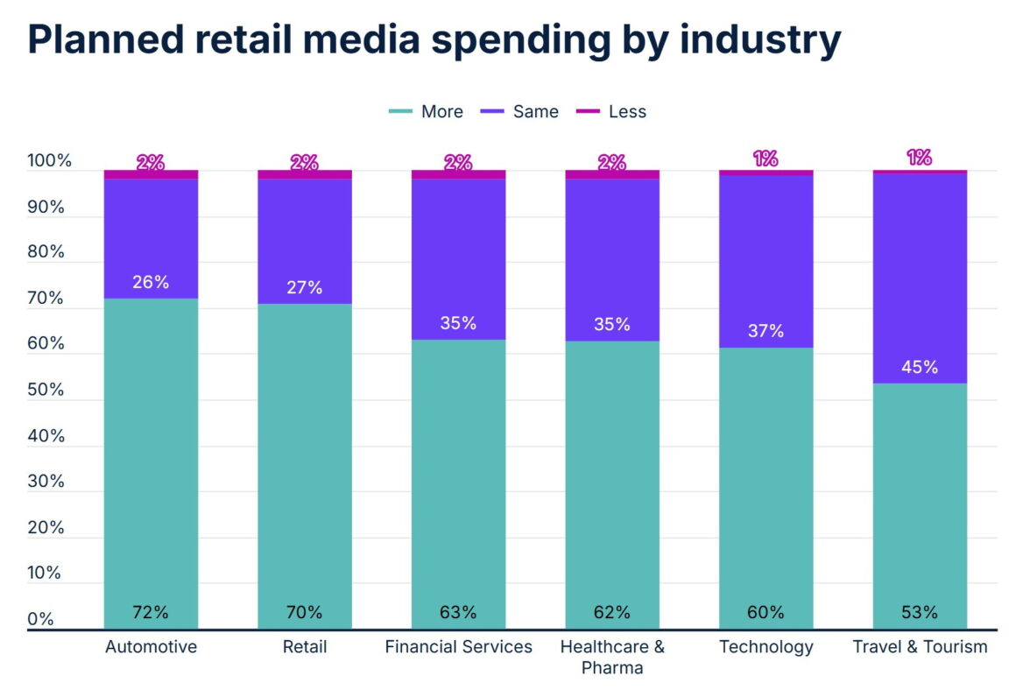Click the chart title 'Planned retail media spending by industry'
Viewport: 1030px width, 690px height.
pos(434,41)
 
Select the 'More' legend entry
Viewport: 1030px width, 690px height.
pos(427,111)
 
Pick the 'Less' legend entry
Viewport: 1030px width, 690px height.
pos(612,111)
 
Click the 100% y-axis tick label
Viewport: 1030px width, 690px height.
pos(49,162)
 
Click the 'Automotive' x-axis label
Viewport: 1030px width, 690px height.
pos(151,647)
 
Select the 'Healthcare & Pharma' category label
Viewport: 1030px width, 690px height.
pos(612,657)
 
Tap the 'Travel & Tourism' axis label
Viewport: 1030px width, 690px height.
pos(920,647)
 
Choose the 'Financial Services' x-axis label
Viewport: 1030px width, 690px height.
pos(458,647)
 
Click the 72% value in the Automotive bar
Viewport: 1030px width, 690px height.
pos(151,612)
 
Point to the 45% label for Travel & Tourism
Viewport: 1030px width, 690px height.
pos(920,367)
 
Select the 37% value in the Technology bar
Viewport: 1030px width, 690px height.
pos(765,331)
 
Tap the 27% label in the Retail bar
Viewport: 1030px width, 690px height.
pos(304,287)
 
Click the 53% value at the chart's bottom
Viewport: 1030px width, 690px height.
pos(920,612)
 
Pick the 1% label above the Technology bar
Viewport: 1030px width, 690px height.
pos(765,158)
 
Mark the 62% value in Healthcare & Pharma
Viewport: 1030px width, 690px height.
pos(612,612)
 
